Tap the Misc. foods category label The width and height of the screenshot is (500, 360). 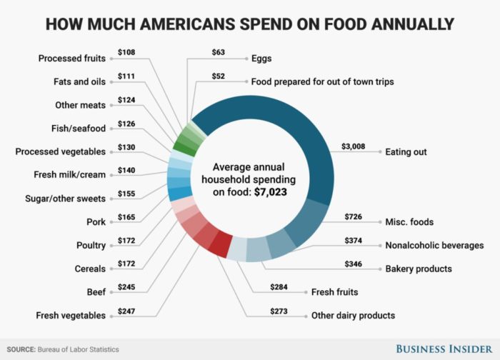point(410,222)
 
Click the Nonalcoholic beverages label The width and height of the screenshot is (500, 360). point(434,245)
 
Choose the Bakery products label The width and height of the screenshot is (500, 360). point(418,269)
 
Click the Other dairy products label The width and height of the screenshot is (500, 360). point(353,315)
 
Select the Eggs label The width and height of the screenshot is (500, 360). point(262,58)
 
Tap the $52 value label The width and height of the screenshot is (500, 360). point(221,76)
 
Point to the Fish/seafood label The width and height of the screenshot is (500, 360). point(81,129)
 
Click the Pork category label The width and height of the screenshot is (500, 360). point(95,222)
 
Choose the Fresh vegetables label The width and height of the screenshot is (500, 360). point(71,315)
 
